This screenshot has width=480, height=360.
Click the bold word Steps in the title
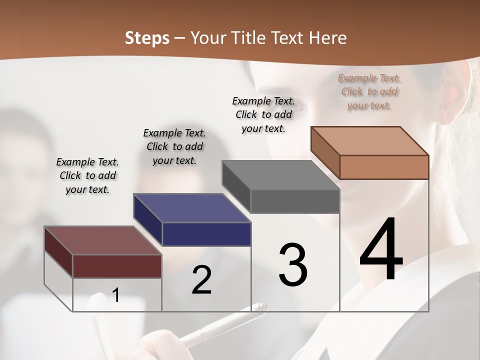click(x=147, y=38)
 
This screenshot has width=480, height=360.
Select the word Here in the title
click(x=327, y=38)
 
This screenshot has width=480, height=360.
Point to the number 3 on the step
click(x=293, y=264)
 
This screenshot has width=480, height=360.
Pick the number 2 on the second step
click(x=201, y=280)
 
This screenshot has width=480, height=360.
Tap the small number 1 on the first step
click(x=116, y=295)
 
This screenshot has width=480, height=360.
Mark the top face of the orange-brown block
click(x=370, y=141)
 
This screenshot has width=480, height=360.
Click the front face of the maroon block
click(x=117, y=266)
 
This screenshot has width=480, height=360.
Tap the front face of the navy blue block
click(x=206, y=234)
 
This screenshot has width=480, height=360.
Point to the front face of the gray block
click(x=295, y=201)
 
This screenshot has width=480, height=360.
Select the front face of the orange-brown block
click(x=384, y=167)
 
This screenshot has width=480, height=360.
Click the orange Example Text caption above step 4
click(x=369, y=92)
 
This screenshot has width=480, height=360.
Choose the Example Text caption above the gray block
click(x=263, y=114)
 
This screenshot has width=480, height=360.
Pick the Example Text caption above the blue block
click(x=174, y=146)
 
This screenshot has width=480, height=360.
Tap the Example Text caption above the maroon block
click(x=87, y=175)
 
